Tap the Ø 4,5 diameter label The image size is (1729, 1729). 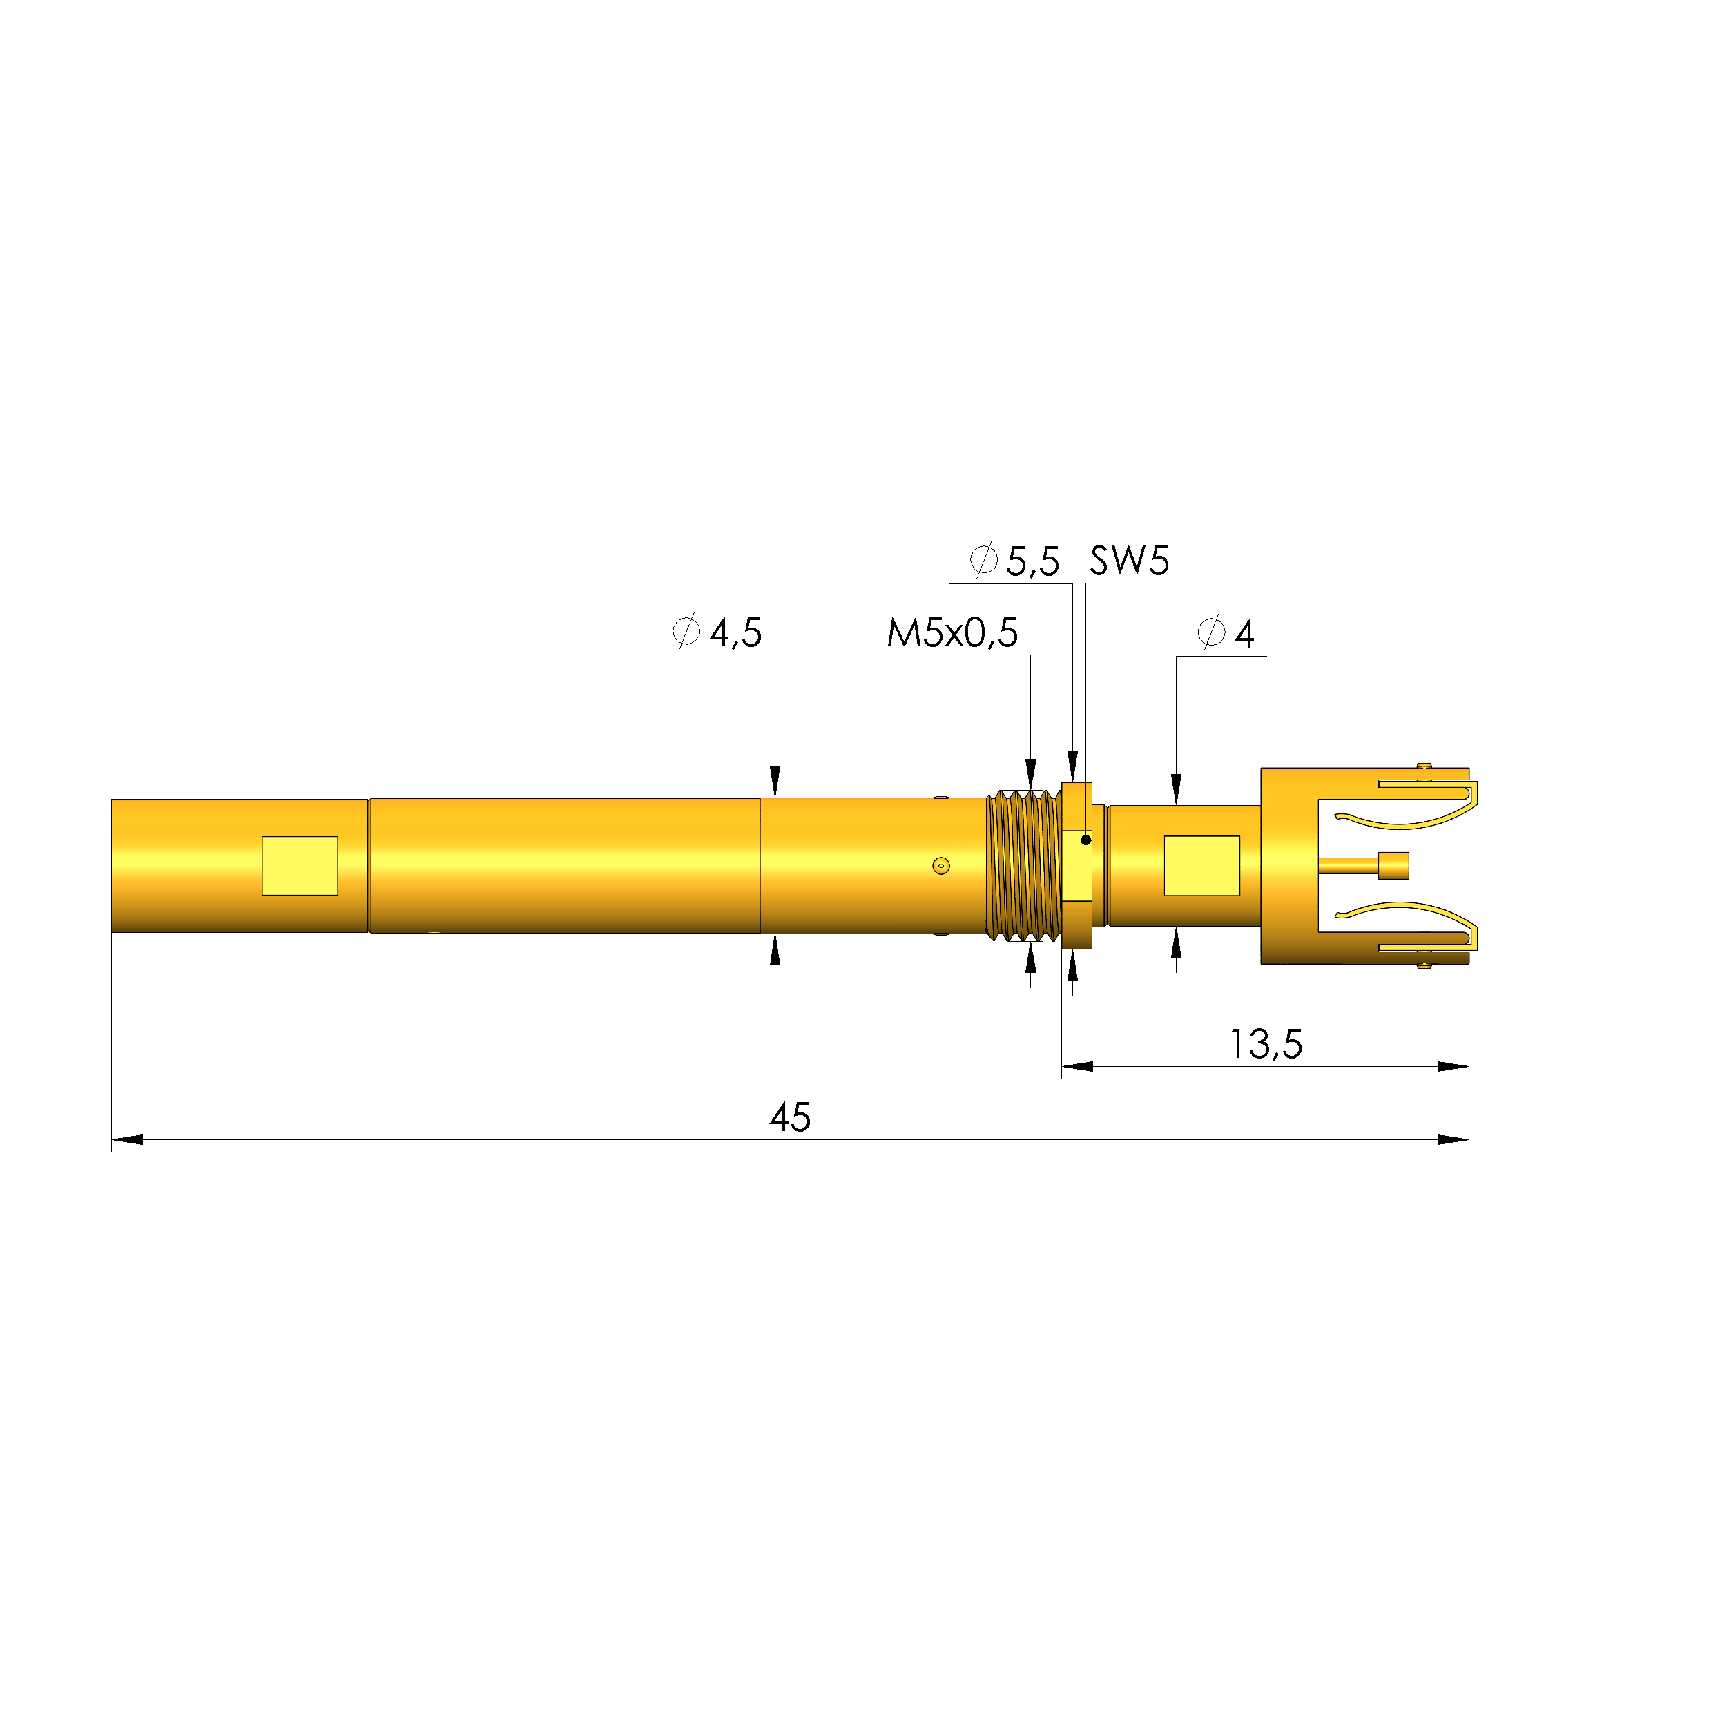717,632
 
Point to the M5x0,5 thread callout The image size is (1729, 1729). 952,632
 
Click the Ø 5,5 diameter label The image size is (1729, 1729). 1015,561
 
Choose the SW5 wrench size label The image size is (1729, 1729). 1128,561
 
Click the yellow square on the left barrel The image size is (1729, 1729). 300,865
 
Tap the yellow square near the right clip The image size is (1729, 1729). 1202,865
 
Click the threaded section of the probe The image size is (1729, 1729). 1023,865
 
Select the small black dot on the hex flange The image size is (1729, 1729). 1085,840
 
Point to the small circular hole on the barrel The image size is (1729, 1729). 940,865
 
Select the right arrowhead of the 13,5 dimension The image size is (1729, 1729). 1453,1066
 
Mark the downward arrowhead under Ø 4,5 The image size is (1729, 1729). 775,781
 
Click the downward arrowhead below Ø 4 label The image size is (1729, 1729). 1176,789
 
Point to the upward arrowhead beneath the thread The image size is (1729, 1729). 1030,958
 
